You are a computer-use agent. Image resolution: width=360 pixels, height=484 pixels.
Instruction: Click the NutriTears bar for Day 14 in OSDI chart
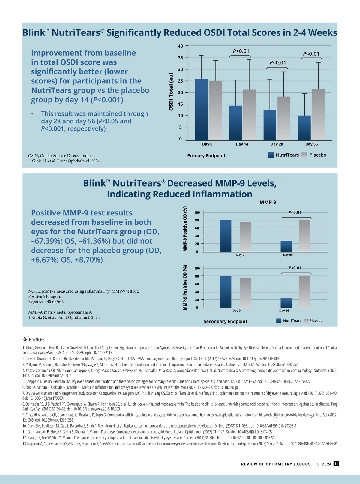coord(235,123)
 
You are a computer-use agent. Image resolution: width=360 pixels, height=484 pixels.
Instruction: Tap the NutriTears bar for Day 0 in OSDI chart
coord(201,110)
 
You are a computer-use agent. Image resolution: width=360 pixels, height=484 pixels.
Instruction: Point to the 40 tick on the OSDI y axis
coord(180,46)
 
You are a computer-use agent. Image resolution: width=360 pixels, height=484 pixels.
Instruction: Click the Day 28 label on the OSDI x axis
coord(277,144)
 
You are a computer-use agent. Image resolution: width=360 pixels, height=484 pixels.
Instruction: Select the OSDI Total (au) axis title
coord(171,92)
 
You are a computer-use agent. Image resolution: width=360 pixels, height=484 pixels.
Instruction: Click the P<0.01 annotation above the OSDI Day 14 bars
coord(241,51)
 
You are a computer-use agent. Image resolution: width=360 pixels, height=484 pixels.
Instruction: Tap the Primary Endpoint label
coord(206,155)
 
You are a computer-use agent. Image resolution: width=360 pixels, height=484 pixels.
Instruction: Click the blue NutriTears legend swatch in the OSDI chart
coord(271,155)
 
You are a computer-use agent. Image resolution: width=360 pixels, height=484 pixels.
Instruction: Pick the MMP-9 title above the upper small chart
coord(268,203)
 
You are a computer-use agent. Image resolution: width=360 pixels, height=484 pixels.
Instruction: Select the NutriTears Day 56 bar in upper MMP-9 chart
coord(286,246)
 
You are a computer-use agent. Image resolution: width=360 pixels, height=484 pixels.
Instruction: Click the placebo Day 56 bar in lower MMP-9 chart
coord(304,292)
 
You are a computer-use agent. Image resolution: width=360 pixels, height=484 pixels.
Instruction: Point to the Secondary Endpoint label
coord(226,321)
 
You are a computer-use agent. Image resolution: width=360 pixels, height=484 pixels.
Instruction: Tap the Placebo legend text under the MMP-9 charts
coord(316,320)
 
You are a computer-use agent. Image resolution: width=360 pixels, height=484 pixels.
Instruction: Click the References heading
coord(34,339)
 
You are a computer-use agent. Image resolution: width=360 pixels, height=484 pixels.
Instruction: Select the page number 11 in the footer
coord(336,464)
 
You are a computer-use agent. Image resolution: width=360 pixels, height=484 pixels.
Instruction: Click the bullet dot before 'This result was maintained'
coord(32,114)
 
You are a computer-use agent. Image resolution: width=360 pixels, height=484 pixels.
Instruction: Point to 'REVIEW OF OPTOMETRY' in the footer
coord(266,464)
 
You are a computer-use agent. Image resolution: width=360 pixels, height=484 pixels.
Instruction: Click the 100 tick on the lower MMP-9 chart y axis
coord(197,269)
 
